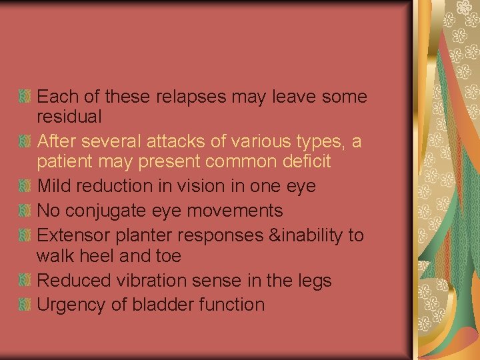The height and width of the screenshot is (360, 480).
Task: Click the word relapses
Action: click(191, 97)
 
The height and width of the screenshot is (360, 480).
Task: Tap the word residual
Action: click(69, 117)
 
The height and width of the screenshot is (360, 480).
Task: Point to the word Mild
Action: click(54, 186)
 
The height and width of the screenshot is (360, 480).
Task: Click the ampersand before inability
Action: click(269, 235)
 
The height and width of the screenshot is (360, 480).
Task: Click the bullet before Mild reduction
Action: click(25, 187)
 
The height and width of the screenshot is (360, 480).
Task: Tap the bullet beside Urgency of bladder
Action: click(25, 305)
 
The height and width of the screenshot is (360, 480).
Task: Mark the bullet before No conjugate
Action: click(25, 211)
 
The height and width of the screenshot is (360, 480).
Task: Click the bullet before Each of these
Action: click(25, 97)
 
